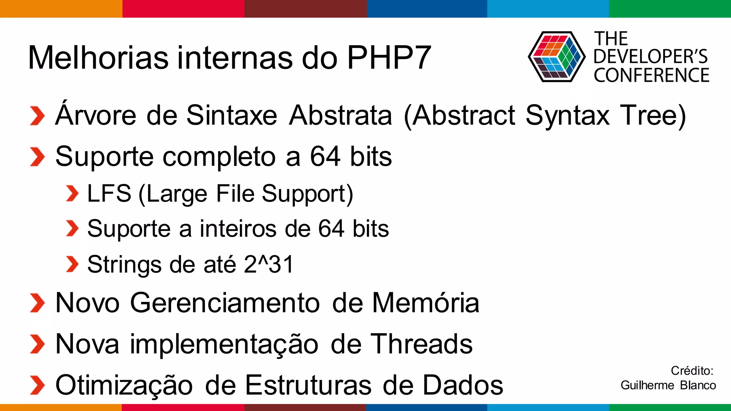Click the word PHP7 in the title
[x=389, y=58]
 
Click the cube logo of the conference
[x=556, y=57]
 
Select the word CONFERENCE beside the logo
[x=651, y=75]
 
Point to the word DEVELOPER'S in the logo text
[x=650, y=57]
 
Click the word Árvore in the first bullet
[x=96, y=115]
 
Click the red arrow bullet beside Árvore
[x=37, y=116]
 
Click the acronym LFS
[x=109, y=194]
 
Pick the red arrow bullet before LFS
[x=72, y=194]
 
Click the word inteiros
[x=238, y=229]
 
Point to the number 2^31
[x=269, y=264]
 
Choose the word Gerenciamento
[x=225, y=303]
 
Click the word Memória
[x=425, y=303]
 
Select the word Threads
[x=421, y=344]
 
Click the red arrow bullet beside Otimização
[x=37, y=386]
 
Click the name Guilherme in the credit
[x=647, y=385]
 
